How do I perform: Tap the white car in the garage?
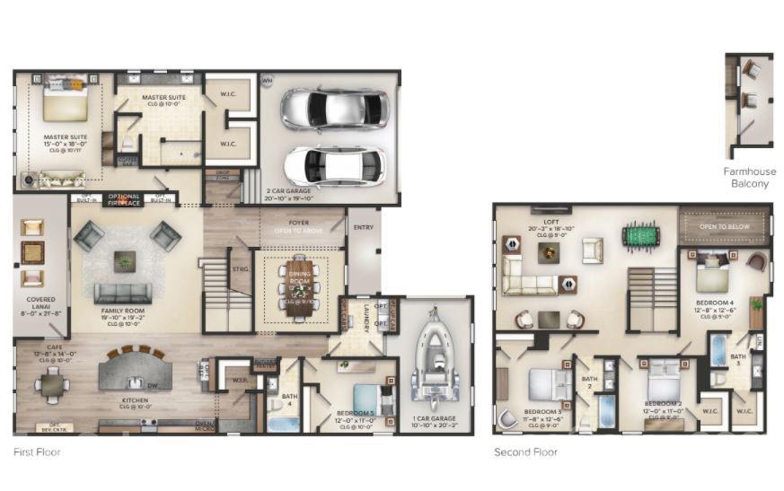point(334,166)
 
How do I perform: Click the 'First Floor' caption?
point(37,452)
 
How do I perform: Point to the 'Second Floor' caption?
point(525,452)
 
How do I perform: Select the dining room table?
point(297,288)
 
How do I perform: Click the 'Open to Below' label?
point(724,227)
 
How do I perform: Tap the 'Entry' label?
point(364,227)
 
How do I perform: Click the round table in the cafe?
point(53,385)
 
